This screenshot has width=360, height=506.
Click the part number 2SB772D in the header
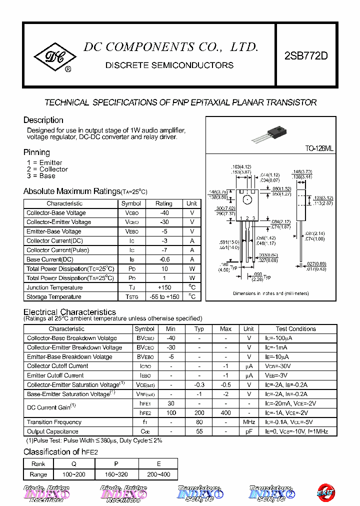306,56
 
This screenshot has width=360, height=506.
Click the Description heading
43,120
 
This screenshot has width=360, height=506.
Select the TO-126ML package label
319,149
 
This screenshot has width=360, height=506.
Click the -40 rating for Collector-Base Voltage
163,213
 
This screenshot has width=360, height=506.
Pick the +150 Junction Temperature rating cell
163,287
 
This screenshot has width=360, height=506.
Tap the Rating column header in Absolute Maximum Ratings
163,203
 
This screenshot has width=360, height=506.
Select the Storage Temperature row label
54,297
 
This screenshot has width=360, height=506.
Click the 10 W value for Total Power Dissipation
163,269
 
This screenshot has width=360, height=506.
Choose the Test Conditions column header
295,329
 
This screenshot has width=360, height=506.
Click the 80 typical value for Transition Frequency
199,422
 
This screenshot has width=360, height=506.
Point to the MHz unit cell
248,422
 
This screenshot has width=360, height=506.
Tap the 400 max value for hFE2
225,413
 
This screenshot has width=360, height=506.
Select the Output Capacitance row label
53,431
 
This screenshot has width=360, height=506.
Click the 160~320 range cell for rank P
116,474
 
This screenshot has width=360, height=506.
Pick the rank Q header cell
74,464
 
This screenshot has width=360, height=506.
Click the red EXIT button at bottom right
326,493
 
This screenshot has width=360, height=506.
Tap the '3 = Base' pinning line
41,176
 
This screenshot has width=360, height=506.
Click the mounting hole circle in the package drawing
247,200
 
